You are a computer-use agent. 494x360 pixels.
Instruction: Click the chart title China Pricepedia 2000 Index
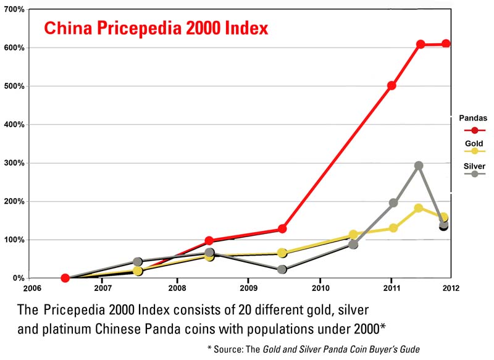[x=155, y=28]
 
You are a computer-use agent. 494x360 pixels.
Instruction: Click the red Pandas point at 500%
[x=391, y=85]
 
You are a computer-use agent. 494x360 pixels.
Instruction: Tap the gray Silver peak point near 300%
[x=418, y=165]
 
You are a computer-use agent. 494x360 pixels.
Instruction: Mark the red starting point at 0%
[x=65, y=278]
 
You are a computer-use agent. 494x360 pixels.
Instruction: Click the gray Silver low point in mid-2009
[x=282, y=270]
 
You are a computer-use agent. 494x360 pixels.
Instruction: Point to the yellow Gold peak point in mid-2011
[x=418, y=208]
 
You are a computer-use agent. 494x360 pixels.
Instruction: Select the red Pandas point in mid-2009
[x=282, y=228]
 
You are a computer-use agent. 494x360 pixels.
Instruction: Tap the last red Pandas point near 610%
[x=445, y=44]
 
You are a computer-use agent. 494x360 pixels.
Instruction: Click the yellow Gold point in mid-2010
[x=353, y=235]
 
